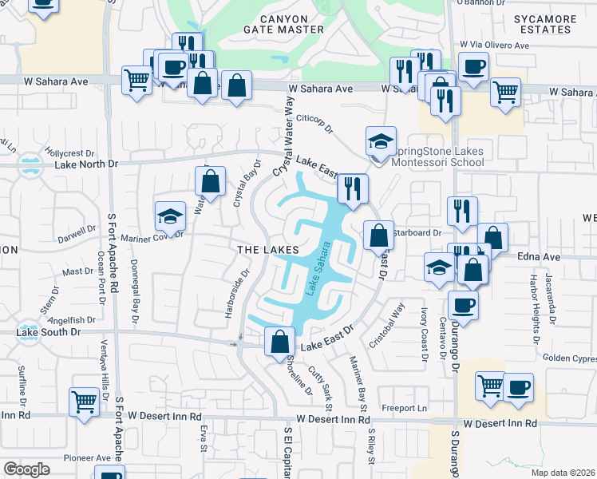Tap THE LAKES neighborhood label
pyautogui.click(x=268, y=250)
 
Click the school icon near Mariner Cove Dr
pyautogui.click(x=170, y=216)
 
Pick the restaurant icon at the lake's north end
pyautogui.click(x=352, y=189)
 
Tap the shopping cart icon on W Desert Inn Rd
pyautogui.click(x=84, y=402)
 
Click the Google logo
pyautogui.click(x=26, y=469)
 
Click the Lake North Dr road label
pyautogui.click(x=86, y=164)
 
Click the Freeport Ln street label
pyautogui.click(x=405, y=409)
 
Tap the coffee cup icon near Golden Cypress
pyautogui.click(x=518, y=388)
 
